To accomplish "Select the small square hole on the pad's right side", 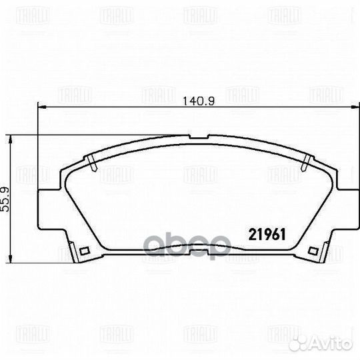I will pos(309,251).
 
